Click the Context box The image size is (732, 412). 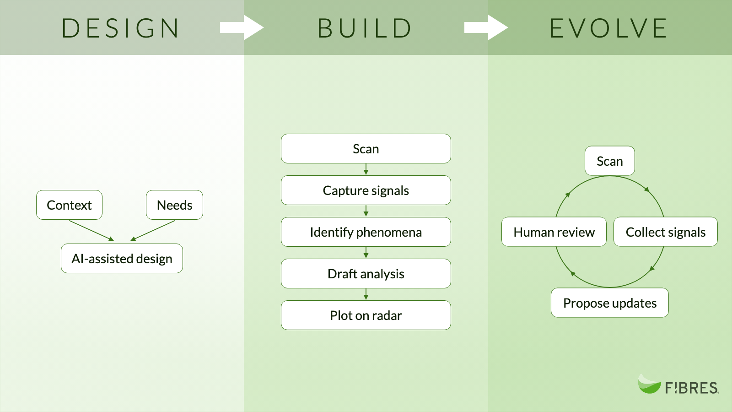tap(69, 205)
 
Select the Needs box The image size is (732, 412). tap(174, 205)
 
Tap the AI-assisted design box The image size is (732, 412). tap(122, 259)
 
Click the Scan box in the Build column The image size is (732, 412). tap(366, 149)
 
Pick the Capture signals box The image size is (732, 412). tap(366, 190)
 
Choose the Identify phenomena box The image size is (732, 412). tap(366, 232)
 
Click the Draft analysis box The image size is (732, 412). tap(366, 274)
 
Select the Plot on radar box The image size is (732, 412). tap(366, 315)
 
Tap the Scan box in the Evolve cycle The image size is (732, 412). tap(610, 161)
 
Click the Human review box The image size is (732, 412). tap(554, 232)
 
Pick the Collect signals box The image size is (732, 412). tap(666, 232)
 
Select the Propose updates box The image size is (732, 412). tap(610, 303)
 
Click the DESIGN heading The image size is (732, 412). tap(120, 28)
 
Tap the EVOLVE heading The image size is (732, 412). tap(608, 28)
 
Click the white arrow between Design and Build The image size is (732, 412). tap(242, 28)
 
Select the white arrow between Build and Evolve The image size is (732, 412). tap(486, 28)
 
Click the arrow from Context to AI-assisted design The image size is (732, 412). tap(91, 231)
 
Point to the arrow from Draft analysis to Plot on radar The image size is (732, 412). tap(366, 294)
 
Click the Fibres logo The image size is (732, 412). tap(678, 385)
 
